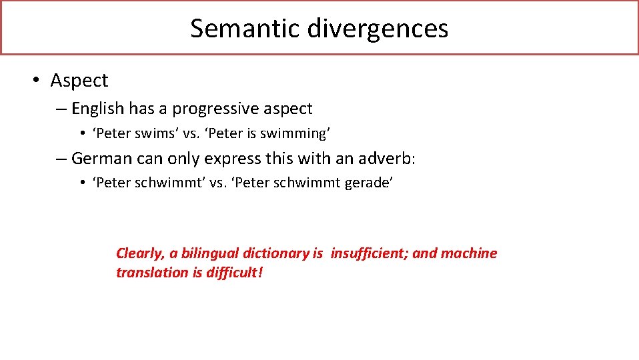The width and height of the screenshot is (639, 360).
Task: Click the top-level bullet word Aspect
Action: click(79, 81)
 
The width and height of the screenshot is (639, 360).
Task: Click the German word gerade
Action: click(368, 183)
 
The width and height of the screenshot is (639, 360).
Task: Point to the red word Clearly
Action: click(139, 253)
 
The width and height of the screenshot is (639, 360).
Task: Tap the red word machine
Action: click(469, 253)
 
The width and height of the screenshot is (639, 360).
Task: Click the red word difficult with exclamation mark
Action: click(234, 272)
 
